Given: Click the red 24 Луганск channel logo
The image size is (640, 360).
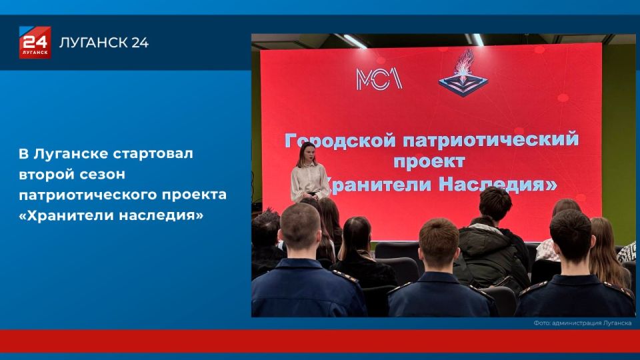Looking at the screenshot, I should tap(35, 43).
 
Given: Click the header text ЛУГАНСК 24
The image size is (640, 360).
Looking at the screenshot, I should tap(104, 43).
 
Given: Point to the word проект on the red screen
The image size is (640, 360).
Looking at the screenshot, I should tap(427, 162).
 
